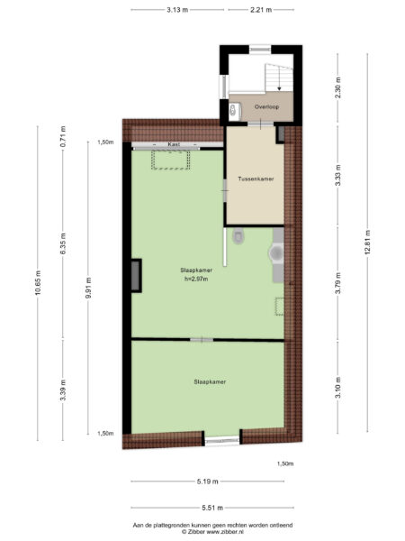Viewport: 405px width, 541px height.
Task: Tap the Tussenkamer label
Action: pos(256,179)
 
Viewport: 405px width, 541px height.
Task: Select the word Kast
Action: pos(174,143)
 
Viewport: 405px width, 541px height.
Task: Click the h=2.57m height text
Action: pos(194,278)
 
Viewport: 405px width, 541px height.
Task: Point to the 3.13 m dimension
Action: pos(176,10)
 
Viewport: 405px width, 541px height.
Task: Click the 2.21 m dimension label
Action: pos(262,10)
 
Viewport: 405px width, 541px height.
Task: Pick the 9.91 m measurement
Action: pos(88,288)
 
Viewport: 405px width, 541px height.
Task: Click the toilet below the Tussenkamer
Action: pos(238,237)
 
